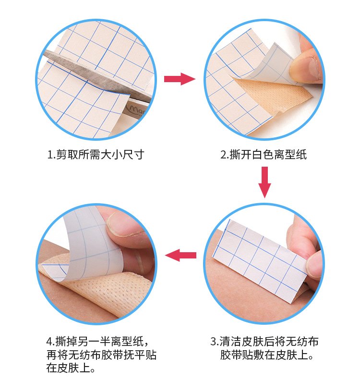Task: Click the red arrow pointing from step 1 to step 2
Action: pos(180,79)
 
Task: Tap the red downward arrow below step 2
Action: pos(264,182)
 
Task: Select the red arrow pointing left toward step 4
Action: pos(180,255)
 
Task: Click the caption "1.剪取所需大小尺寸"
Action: pos(96,154)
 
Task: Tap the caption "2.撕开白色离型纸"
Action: pos(264,154)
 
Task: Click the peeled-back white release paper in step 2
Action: pos(271,65)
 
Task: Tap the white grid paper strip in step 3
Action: pos(260,261)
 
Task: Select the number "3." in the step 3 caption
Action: pos(215,342)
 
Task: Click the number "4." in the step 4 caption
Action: pos(50,342)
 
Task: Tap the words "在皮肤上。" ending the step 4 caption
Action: pos(71,368)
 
